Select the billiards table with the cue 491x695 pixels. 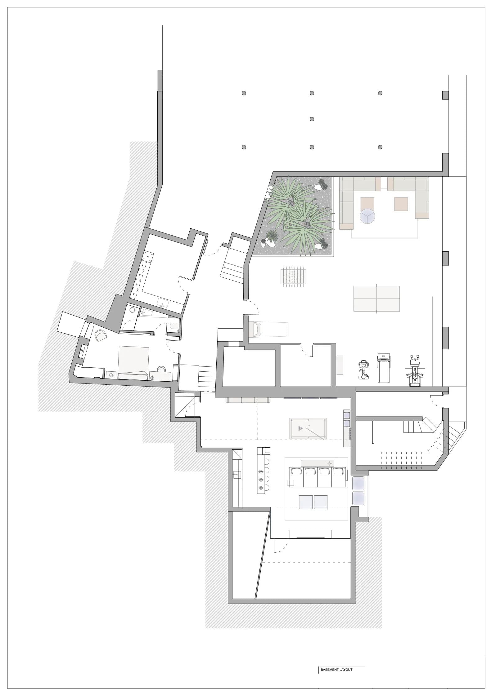pos(308,428)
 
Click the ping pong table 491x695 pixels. pos(376,299)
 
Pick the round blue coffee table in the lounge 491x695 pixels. pos(367,216)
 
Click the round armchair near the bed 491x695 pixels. pos(101,335)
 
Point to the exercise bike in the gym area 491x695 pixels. pos(363,370)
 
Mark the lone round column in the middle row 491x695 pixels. pos(312,119)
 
